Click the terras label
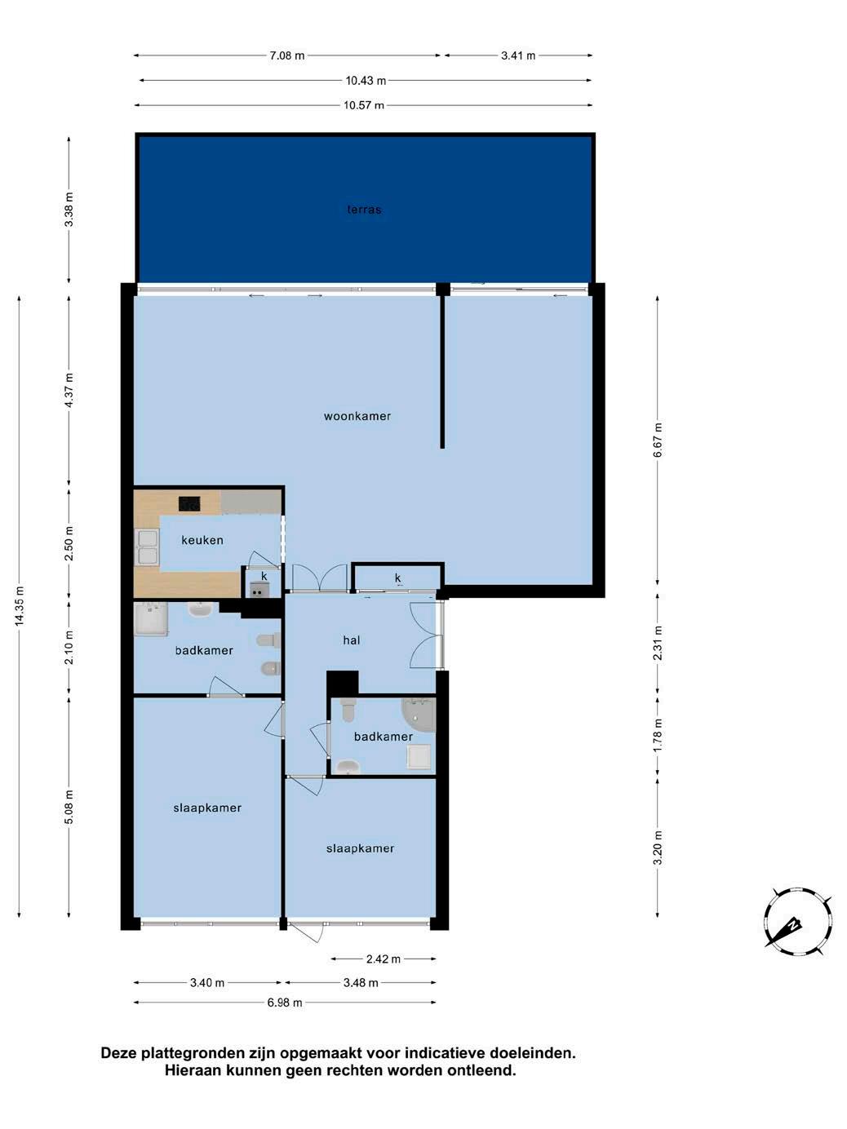tap(364, 210)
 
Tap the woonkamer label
tap(357, 416)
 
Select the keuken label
tap(202, 540)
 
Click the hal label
tap(352, 640)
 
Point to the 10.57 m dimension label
tap(364, 105)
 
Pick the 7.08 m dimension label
tap(287, 55)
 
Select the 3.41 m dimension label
tap(518, 55)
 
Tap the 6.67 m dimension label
tap(658, 440)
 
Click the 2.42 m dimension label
tap(384, 959)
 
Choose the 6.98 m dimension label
tap(285, 1003)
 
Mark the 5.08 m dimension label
tap(69, 807)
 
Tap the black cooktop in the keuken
tap(189, 503)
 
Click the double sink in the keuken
tap(147, 547)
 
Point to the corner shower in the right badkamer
tap(419, 715)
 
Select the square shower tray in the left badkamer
tap(151, 619)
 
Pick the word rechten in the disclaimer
tap(355, 1071)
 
